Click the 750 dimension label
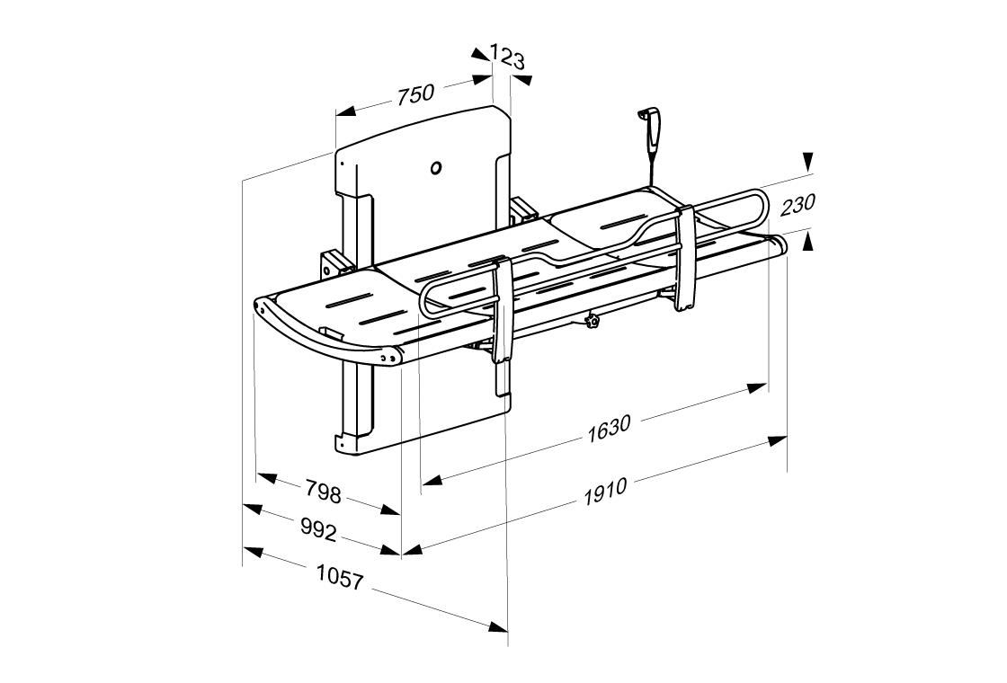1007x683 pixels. tap(415, 93)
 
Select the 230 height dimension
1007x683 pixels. tap(798, 205)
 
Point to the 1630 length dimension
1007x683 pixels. tap(609, 429)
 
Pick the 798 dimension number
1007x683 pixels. tap(323, 492)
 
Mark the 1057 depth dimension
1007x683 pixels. tap(340, 577)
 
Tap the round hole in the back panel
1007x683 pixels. tap(437, 167)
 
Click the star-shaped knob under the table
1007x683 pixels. tap(591, 321)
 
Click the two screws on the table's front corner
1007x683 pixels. tap(388, 357)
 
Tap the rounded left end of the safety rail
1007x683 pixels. tap(426, 300)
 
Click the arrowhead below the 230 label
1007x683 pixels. tap(808, 238)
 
